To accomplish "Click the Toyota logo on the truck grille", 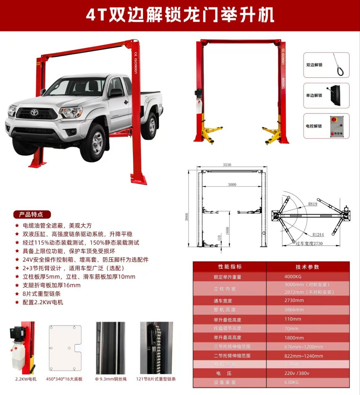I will [x=34, y=112].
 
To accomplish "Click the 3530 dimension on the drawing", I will [x=227, y=165].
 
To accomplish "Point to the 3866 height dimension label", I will [x=187, y=217].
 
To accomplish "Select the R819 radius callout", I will [x=313, y=204].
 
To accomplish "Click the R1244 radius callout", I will [x=318, y=235].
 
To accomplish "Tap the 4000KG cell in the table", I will [x=293, y=277].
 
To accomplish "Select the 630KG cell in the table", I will [x=291, y=382].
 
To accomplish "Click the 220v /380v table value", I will [x=297, y=373].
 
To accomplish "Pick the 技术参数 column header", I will [x=307, y=267].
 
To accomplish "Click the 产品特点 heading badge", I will [x=31, y=214].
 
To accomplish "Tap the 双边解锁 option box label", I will [x=314, y=65].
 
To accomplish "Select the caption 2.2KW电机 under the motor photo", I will [x=26, y=379].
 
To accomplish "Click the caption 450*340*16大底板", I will [x=64, y=379].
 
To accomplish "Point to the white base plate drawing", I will [x=65, y=348].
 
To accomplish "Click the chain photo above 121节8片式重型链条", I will [x=156, y=348].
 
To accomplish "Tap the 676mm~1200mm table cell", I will [x=304, y=347].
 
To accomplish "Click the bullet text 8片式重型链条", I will [x=42, y=294].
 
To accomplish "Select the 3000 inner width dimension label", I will [x=232, y=185].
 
